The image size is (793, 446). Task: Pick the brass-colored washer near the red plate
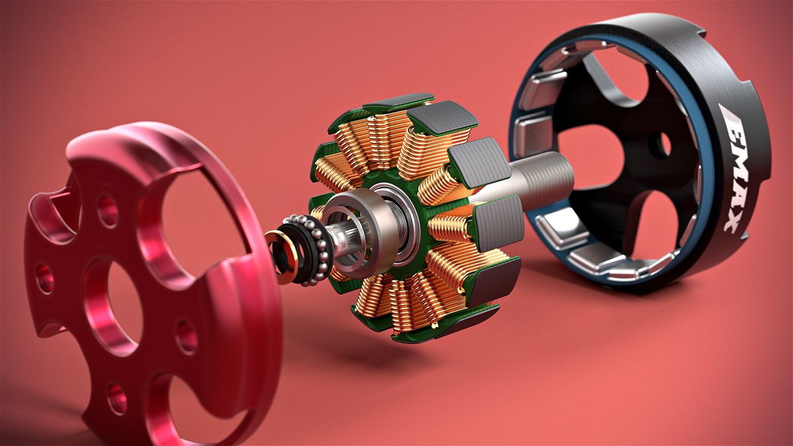coord(281,256)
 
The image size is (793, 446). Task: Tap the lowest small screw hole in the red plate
coord(118,398)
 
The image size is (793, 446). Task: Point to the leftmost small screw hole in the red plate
coord(45,278)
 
